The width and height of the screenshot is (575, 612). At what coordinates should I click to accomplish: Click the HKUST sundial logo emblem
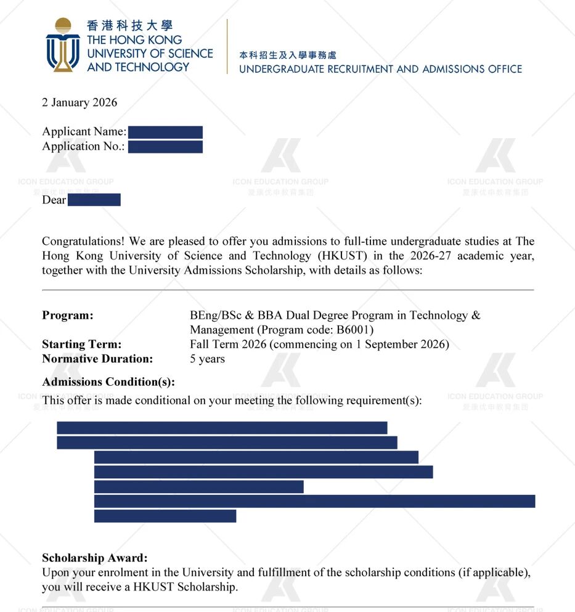62,44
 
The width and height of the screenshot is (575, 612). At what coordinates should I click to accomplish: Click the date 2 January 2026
80,102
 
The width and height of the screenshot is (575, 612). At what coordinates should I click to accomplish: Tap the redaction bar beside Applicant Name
165,132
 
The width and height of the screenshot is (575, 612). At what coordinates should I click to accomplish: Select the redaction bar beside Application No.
165,147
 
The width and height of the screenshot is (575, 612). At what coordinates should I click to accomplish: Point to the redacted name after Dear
94,200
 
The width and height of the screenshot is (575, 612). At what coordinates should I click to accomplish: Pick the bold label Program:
68,316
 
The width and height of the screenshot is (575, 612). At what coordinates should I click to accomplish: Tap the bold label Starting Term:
82,344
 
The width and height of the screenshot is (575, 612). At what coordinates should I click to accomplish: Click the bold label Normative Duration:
97,359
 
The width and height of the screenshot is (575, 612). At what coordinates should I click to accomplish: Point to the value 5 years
207,359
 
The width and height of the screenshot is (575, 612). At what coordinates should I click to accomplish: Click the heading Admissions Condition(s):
108,382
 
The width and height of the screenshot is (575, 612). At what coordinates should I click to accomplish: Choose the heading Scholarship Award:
95,558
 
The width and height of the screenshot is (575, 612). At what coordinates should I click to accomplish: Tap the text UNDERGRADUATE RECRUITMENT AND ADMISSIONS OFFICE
380,69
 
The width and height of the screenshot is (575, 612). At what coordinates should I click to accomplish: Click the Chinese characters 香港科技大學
129,26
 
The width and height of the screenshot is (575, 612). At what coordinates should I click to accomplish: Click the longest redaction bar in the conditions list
314,501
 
